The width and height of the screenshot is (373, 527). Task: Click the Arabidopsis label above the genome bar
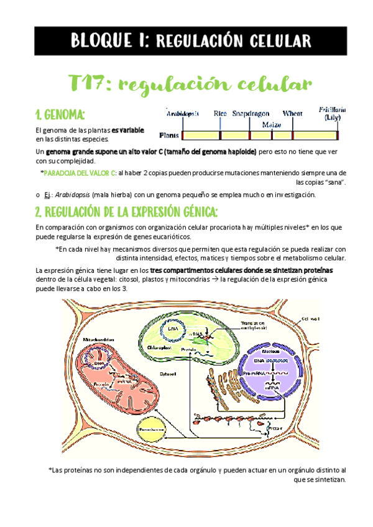(183, 114)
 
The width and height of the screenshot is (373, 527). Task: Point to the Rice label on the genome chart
(220, 114)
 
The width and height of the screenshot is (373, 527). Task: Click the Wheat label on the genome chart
(293, 114)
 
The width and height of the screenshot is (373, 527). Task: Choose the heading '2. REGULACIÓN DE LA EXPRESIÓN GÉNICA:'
(127, 213)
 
